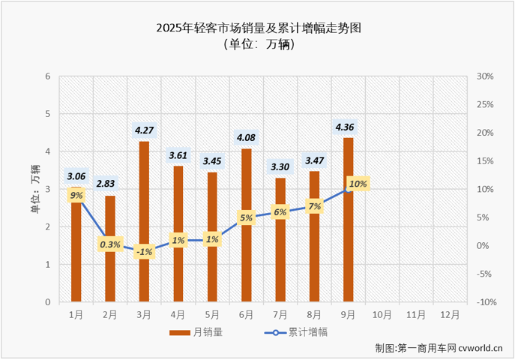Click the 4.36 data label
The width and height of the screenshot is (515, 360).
coord(349,126)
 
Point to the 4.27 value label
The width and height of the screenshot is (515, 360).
coord(145,130)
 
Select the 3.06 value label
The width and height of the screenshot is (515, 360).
coord(76,176)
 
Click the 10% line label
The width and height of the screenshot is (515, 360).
coord(358,184)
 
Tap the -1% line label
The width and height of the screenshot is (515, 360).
coord(145,252)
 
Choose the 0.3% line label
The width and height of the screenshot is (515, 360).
coord(111,244)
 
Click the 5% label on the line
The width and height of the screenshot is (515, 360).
coord(247,218)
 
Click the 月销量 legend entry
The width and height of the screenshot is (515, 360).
coord(195,331)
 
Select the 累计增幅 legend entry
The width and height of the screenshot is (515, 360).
coord(296,331)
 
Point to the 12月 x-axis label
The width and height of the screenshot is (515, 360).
coord(450,315)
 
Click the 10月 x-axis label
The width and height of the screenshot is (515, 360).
coord(382,315)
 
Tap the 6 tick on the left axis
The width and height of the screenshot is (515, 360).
coord(48,76)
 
